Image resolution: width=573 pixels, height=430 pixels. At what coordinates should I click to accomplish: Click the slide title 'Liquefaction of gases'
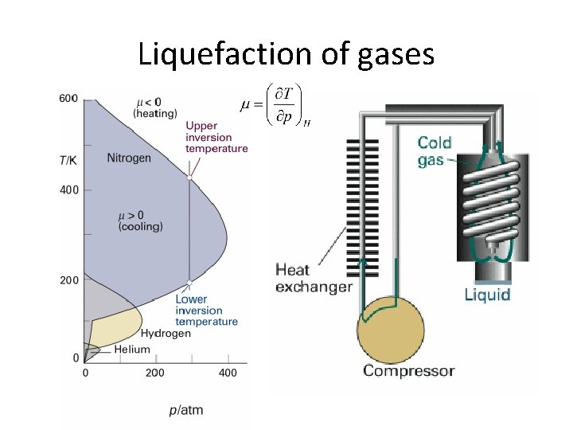pyautogui.click(x=286, y=54)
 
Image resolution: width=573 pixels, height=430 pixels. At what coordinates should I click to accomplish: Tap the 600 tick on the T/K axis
pyautogui.click(x=68, y=98)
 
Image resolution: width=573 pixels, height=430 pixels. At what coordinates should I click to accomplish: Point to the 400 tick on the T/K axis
pyautogui.click(x=68, y=190)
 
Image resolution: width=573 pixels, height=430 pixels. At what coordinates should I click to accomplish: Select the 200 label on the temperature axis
pyautogui.click(x=68, y=280)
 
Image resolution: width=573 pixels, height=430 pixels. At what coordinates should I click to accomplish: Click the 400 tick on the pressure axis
pyautogui.click(x=228, y=373)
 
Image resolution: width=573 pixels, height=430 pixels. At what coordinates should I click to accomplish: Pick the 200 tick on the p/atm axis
pyautogui.click(x=155, y=373)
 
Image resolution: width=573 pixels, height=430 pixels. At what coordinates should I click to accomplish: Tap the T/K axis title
pyautogui.click(x=68, y=160)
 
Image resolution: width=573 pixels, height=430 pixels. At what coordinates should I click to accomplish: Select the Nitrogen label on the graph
pyautogui.click(x=129, y=158)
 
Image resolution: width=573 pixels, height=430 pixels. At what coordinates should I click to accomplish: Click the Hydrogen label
pyautogui.click(x=166, y=334)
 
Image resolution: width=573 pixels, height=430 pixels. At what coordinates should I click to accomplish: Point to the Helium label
pyautogui.click(x=131, y=350)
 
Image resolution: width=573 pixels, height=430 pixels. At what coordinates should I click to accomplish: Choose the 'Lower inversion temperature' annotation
pyautogui.click(x=206, y=311)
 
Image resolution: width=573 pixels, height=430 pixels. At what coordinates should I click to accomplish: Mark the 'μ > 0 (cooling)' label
pyautogui.click(x=140, y=221)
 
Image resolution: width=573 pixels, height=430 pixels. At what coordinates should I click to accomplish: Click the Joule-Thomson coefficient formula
pyautogui.click(x=275, y=105)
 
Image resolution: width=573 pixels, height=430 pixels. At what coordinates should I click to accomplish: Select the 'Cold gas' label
pyautogui.click(x=435, y=151)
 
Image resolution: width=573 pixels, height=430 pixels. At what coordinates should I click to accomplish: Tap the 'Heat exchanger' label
pyautogui.click(x=313, y=278)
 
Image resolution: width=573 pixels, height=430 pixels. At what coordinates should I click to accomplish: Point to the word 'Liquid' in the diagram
pyautogui.click(x=487, y=295)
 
